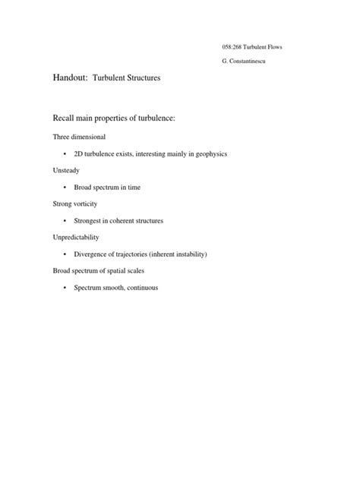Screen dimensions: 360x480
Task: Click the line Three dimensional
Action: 79,137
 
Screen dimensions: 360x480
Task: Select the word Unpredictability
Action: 75,237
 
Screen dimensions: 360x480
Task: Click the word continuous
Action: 140,288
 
